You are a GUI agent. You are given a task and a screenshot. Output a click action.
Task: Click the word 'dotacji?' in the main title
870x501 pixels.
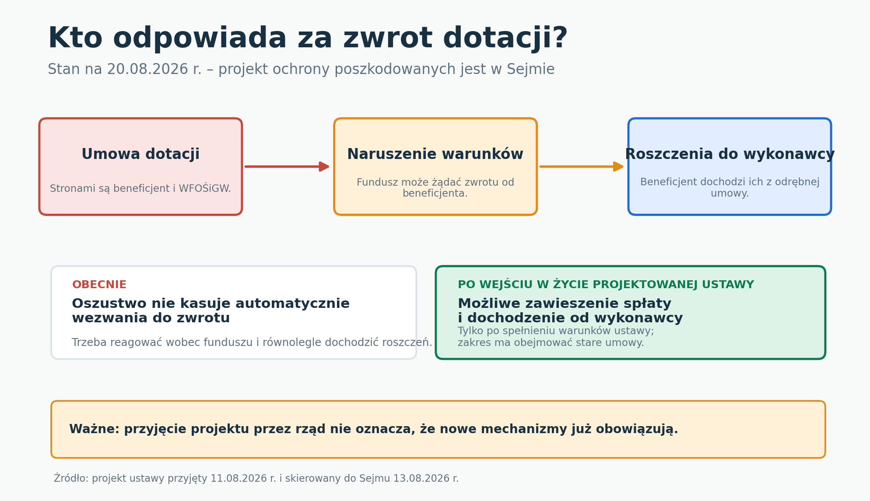505,39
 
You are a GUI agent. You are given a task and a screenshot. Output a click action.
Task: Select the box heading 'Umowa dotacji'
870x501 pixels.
140,154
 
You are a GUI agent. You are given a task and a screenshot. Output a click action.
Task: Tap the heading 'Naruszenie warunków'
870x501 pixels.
435,154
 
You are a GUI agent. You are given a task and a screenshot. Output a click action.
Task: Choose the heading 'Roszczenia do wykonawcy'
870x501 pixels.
730,154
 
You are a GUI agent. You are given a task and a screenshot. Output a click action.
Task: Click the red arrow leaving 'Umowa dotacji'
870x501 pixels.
287,166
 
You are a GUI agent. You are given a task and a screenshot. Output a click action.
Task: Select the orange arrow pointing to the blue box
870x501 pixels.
582,166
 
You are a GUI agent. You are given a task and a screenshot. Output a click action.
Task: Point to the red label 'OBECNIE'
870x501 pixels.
99,285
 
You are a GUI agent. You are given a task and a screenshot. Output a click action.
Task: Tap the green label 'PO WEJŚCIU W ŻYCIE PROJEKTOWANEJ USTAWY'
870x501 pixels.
606,285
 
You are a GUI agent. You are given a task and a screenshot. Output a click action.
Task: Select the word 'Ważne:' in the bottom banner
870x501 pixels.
95,429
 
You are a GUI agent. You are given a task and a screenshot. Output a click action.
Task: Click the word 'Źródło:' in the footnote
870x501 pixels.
71,478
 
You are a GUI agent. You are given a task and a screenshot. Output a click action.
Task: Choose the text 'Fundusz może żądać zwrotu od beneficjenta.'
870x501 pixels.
435,188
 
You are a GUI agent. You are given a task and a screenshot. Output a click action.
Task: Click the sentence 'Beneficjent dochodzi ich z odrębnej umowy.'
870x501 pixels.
730,187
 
